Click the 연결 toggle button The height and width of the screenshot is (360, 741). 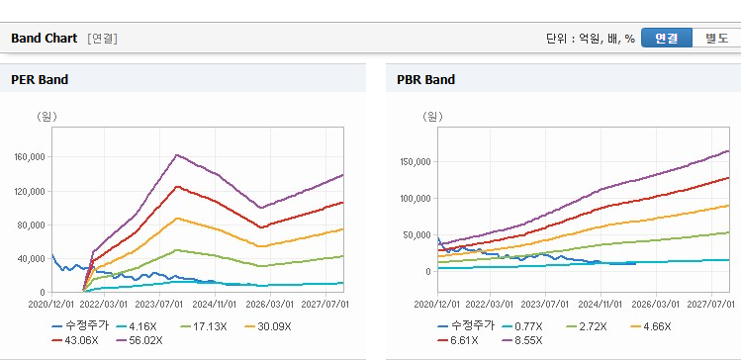click(x=667, y=39)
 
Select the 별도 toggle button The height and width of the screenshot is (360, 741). click(x=716, y=39)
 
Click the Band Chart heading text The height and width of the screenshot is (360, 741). click(x=44, y=39)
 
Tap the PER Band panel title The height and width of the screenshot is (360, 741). click(x=40, y=80)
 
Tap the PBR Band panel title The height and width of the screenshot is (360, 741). click(x=425, y=80)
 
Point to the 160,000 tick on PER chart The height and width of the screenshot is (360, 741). click(x=32, y=157)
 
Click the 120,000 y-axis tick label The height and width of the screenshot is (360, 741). click(x=32, y=191)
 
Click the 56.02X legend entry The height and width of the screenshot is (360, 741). click(x=140, y=340)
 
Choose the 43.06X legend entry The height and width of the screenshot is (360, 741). click(x=75, y=340)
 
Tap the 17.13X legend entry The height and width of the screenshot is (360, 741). click(x=204, y=326)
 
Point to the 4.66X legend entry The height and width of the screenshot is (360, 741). click(x=651, y=326)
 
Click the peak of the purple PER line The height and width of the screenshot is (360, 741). click(x=177, y=154)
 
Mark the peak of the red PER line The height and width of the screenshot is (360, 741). click(x=177, y=187)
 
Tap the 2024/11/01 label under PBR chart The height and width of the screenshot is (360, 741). click(x=601, y=304)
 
